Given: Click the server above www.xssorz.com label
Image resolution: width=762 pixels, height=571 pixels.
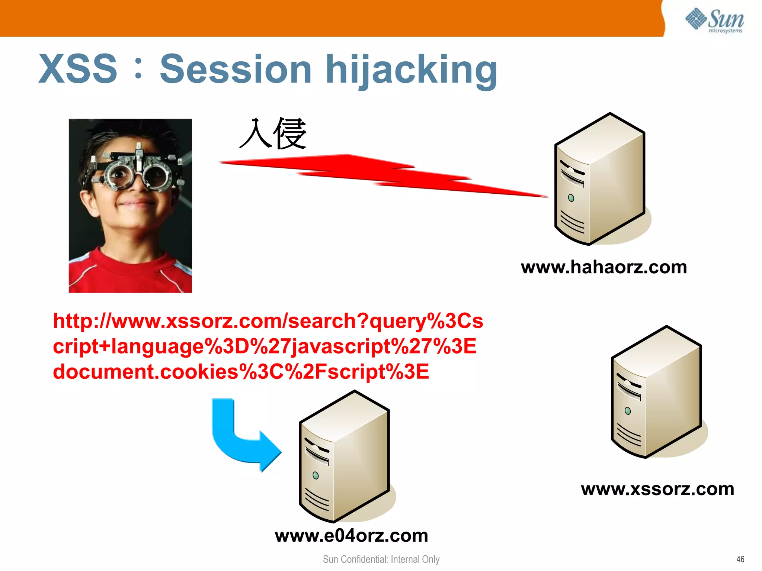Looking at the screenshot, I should [656, 392].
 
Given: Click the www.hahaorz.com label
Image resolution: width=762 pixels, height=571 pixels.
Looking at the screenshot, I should [603, 267].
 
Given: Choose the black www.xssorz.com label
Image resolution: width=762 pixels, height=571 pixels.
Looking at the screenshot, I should [657, 489].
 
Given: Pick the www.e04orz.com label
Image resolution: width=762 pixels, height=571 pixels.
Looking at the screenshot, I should [351, 536].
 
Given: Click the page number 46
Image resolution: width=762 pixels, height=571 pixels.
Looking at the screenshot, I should [740, 559].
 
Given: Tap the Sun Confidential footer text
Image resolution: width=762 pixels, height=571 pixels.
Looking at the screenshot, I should [381, 559].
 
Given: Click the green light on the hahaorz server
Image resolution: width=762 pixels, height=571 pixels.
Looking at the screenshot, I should [571, 198].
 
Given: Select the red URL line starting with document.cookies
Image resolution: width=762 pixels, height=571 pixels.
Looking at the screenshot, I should [241, 372].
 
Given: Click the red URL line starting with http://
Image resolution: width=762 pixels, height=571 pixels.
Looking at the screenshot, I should [268, 321].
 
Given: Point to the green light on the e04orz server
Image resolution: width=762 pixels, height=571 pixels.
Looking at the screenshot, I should [316, 475].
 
